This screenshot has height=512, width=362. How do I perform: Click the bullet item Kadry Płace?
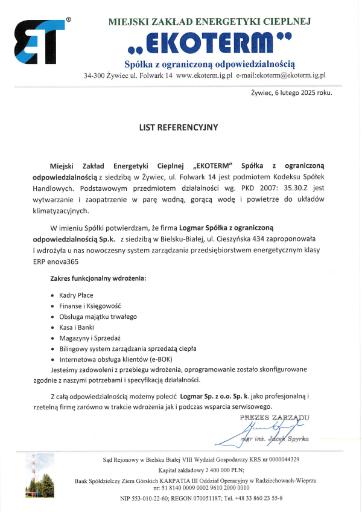[x=76, y=296]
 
